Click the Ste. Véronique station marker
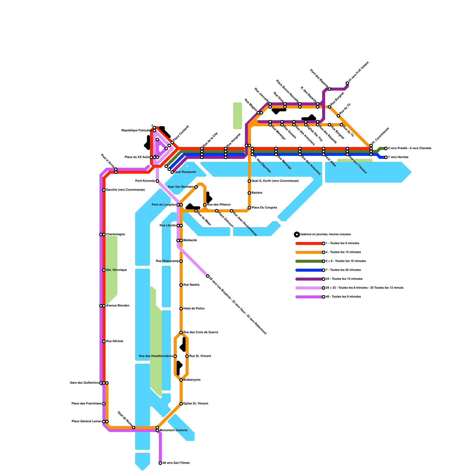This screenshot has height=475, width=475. [104, 270]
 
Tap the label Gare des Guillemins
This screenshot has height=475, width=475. [84, 383]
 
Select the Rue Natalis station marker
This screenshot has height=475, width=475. [181, 285]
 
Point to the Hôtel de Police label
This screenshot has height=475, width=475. [194, 309]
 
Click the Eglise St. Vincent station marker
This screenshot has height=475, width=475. [181, 404]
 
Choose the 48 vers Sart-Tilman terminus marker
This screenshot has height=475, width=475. [160, 463]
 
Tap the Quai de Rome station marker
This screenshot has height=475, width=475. [134, 427]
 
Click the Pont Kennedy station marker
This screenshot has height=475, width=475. [157, 181]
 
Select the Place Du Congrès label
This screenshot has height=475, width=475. [264, 208]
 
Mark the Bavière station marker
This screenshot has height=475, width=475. [249, 193]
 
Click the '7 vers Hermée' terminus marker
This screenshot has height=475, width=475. [386, 157]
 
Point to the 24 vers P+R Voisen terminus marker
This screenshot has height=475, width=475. [347, 83]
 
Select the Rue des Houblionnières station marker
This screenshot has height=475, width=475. [175, 356]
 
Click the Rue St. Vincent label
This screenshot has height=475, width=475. [200, 356]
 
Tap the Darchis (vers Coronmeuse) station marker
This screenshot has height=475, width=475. [104, 190]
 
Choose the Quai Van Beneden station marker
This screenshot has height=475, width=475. [196, 187]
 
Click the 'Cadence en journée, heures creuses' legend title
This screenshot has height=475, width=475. [325, 235]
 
